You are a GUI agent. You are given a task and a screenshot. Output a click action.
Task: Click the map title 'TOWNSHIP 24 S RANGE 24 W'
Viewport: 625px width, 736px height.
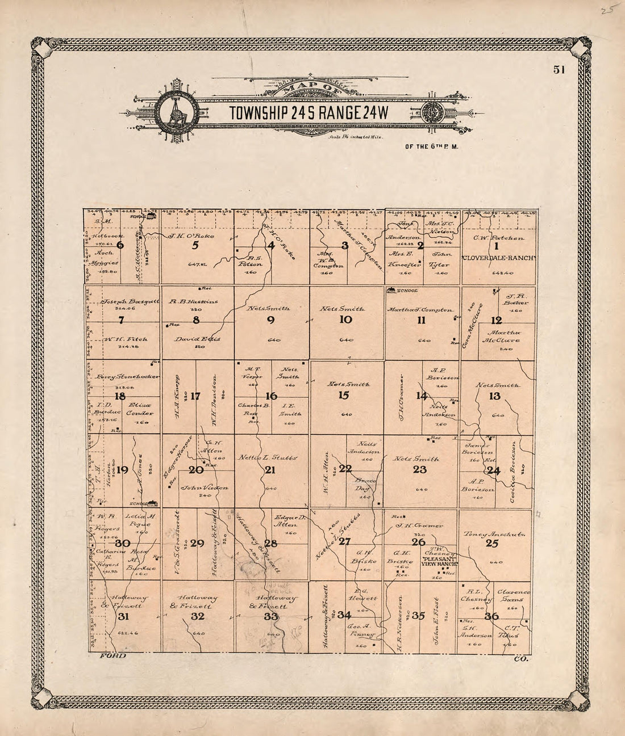[x=309, y=113]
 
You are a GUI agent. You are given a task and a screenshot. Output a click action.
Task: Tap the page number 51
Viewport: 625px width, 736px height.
[x=559, y=70]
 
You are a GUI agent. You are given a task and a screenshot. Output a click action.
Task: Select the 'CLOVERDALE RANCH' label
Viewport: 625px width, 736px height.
[x=499, y=258]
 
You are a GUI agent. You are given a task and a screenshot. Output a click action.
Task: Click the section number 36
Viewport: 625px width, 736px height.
[x=491, y=616]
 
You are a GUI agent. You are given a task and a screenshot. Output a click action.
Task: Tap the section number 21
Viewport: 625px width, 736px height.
[x=270, y=469]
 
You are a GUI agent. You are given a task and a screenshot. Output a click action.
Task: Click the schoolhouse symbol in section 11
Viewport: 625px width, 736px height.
[x=391, y=291]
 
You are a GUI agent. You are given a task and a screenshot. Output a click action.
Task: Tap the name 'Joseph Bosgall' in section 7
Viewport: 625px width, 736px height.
[x=130, y=302]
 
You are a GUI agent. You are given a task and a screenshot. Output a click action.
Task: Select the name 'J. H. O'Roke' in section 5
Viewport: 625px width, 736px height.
[x=190, y=235]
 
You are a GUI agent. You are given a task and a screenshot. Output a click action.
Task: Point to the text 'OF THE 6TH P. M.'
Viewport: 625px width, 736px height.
[x=431, y=146]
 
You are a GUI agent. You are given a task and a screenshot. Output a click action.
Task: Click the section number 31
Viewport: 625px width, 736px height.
[x=123, y=617]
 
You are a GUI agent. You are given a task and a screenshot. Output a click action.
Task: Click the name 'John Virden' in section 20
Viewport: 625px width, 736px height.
[x=204, y=487]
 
